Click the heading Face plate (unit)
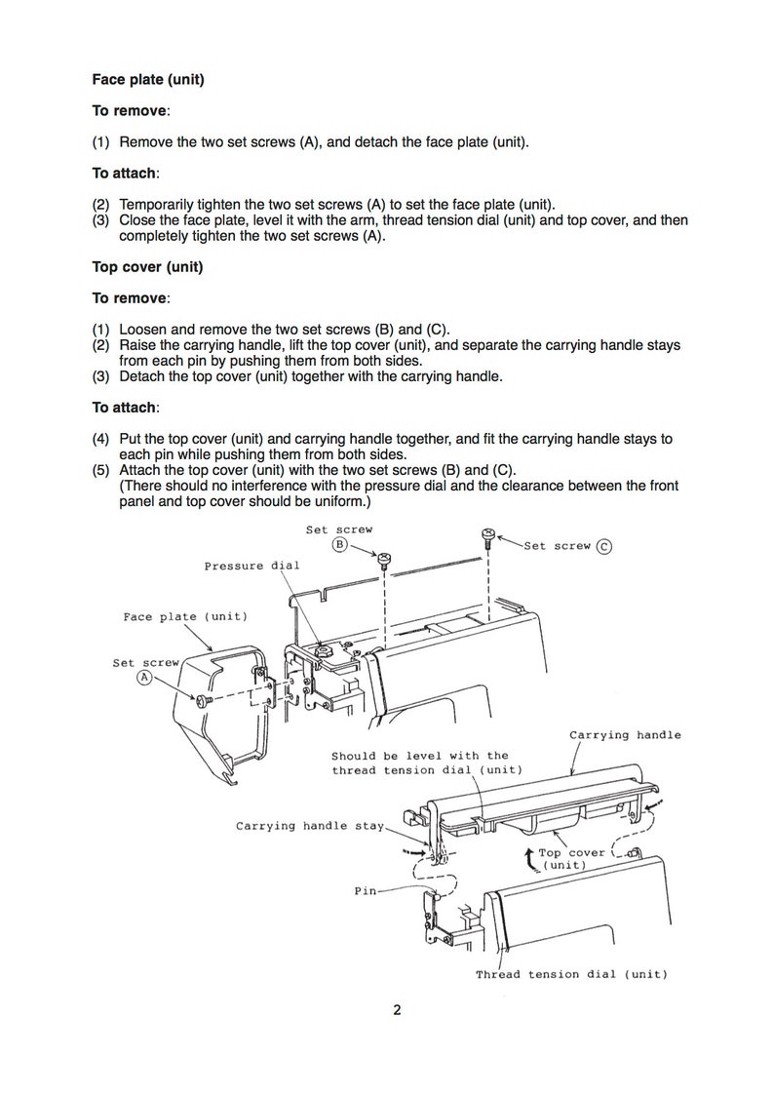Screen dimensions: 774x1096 148,80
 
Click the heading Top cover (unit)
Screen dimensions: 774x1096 147,267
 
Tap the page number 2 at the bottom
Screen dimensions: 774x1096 397,1010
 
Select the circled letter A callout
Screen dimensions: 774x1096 144,678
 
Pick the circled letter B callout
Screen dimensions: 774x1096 339,544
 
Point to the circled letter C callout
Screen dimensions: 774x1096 604,547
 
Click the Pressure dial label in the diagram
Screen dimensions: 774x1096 252,567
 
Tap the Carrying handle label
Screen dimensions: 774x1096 625,735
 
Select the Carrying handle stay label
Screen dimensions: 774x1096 310,826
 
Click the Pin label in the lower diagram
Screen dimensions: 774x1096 366,891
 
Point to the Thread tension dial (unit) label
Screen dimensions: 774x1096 571,974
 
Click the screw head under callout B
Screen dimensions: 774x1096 384,559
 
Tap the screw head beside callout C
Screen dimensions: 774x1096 488,535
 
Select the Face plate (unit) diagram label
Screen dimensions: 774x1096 185,617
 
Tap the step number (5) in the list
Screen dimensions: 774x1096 101,470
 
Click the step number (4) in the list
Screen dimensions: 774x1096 101,439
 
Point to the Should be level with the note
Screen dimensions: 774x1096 420,757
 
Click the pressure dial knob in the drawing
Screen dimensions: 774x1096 325,650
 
